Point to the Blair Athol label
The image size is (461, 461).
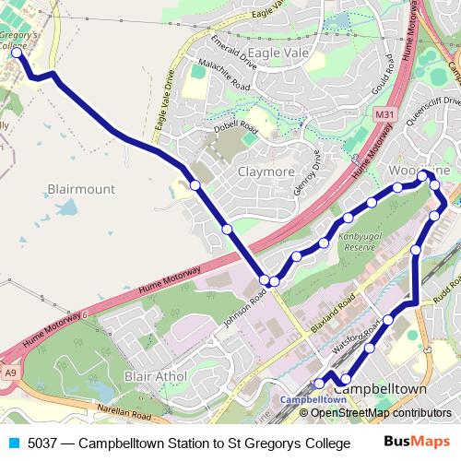click(156, 376)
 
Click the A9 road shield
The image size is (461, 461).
click(11, 372)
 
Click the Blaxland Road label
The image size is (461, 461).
click(334, 313)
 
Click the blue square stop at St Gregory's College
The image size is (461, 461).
click(16, 53)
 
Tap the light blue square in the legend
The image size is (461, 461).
click(13, 443)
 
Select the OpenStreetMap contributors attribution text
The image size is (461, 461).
click(378, 412)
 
